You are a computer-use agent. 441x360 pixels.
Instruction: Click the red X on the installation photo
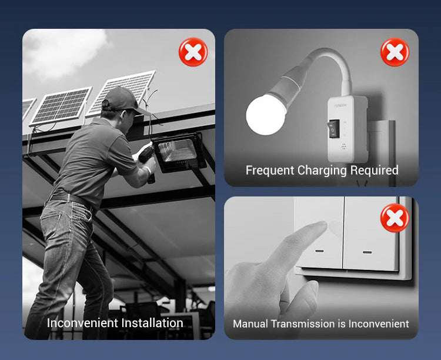click(193, 52)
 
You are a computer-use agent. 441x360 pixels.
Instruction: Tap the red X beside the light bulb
click(395, 52)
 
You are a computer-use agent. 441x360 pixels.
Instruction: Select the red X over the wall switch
click(395, 218)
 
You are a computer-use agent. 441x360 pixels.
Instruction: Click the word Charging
click(322, 171)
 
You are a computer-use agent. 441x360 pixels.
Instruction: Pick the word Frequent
click(270, 170)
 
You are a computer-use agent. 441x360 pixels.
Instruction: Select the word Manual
click(250, 324)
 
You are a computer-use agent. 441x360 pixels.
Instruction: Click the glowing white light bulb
click(266, 114)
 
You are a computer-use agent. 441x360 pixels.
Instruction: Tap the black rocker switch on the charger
click(334, 129)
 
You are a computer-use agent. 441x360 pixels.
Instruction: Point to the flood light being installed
click(179, 152)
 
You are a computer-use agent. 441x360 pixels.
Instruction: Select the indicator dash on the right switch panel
click(367, 252)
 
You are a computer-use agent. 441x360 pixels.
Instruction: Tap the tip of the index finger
click(323, 225)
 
